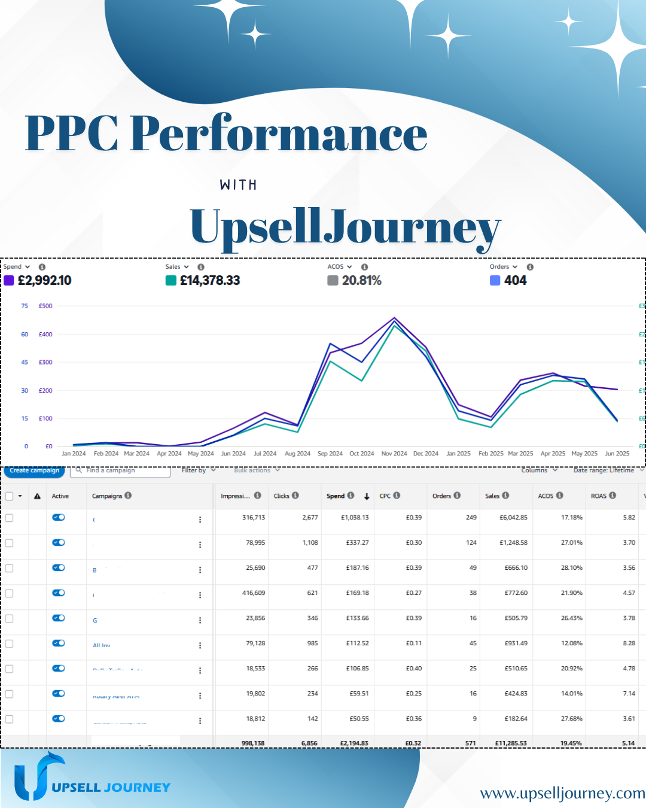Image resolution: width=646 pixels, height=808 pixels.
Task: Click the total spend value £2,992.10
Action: click(x=45, y=281)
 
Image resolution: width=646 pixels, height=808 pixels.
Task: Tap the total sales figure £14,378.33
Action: click(x=210, y=281)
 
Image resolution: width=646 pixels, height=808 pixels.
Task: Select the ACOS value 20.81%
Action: click(x=361, y=281)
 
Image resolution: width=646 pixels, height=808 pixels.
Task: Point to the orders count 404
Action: click(x=515, y=281)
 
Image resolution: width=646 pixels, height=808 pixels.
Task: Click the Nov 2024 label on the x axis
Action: click(x=394, y=454)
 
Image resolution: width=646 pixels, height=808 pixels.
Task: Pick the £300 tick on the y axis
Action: click(x=45, y=362)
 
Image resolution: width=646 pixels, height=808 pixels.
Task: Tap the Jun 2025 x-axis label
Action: click(x=617, y=454)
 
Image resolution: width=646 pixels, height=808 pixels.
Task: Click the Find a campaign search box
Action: click(x=120, y=470)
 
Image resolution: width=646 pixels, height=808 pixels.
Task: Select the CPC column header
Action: click(x=385, y=496)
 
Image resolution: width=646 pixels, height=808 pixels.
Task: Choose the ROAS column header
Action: click(x=599, y=496)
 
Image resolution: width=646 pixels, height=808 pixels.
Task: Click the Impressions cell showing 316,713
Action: click(x=254, y=517)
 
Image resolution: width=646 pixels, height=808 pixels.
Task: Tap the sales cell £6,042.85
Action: click(x=513, y=517)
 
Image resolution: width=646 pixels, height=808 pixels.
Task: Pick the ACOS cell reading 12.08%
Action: click(x=571, y=643)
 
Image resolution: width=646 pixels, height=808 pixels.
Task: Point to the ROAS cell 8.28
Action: click(x=629, y=643)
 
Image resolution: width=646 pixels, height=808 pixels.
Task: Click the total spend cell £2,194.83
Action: click(x=354, y=743)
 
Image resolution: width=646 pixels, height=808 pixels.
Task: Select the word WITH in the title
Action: click(x=238, y=185)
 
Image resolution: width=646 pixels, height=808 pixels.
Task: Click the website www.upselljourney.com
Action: click(x=562, y=793)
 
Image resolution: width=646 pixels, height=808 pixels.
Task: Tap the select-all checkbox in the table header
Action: click(x=10, y=496)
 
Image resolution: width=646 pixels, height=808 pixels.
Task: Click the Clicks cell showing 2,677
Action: click(x=310, y=517)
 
